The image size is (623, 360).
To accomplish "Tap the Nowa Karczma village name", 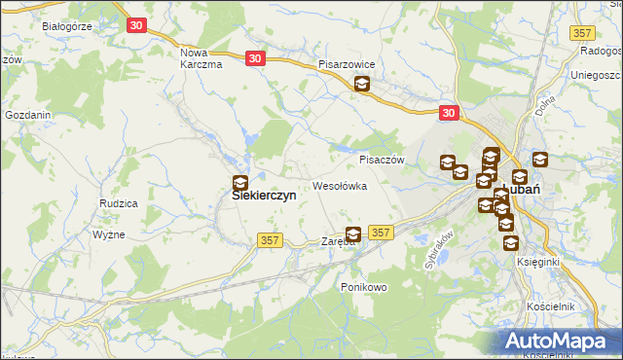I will click(x=202, y=57).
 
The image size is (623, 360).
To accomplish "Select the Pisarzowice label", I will click(x=353, y=64).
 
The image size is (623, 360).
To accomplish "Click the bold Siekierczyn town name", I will click(x=263, y=195).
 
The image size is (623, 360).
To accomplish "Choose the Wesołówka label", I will click(x=339, y=185).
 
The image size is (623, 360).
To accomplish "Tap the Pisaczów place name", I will click(x=381, y=160).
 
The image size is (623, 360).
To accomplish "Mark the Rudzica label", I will click(x=118, y=202).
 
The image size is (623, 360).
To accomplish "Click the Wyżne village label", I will click(x=106, y=235).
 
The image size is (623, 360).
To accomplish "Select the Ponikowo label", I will click(x=364, y=287).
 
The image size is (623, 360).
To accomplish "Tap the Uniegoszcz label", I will click(x=596, y=75).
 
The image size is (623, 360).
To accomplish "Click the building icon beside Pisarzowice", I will click(x=361, y=85).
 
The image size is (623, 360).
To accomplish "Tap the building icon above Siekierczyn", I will click(x=239, y=182).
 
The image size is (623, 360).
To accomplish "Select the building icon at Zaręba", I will click(x=353, y=234).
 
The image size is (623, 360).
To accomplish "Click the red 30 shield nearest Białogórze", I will click(x=135, y=24).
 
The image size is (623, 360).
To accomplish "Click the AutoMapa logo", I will click(x=560, y=341).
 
